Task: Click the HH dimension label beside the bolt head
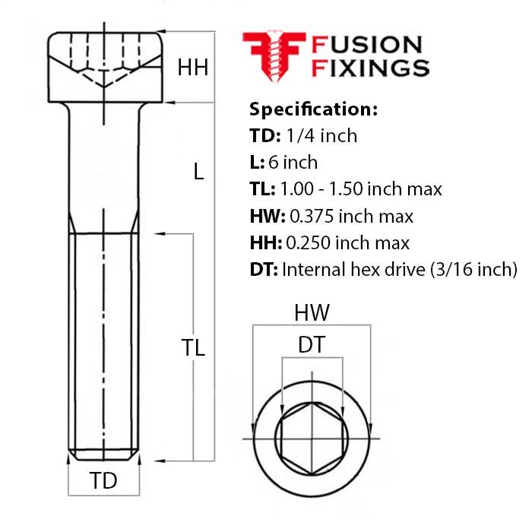193,68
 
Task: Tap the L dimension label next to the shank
198,173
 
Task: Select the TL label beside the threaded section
194,348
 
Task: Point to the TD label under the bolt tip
103,480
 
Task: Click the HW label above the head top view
312,312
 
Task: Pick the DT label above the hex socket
312,345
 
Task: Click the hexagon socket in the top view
312,439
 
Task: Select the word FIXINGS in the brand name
371,68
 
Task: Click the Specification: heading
313,109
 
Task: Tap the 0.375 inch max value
350,216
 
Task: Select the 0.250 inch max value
347,242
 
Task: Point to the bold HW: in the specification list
266,216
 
